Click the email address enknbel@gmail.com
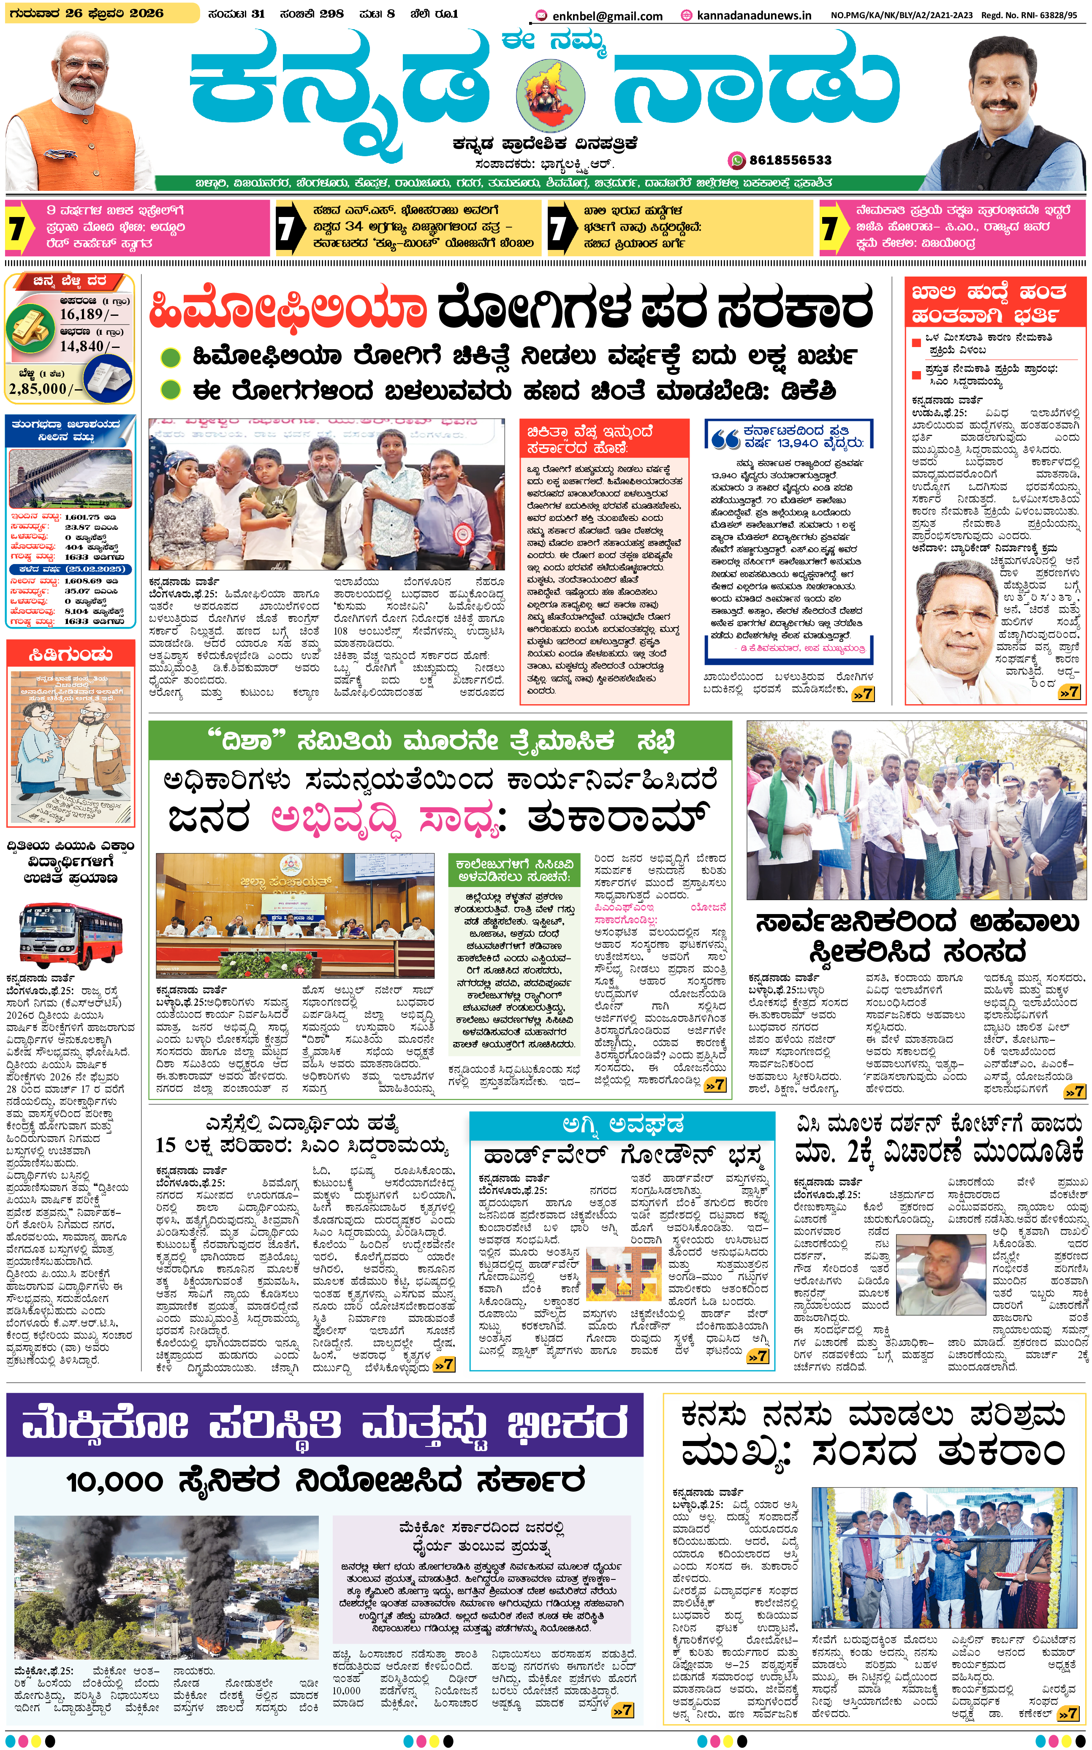607,15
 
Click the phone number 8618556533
790,160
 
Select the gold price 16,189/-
90,314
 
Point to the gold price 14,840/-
90,347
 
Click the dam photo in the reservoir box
70,478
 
